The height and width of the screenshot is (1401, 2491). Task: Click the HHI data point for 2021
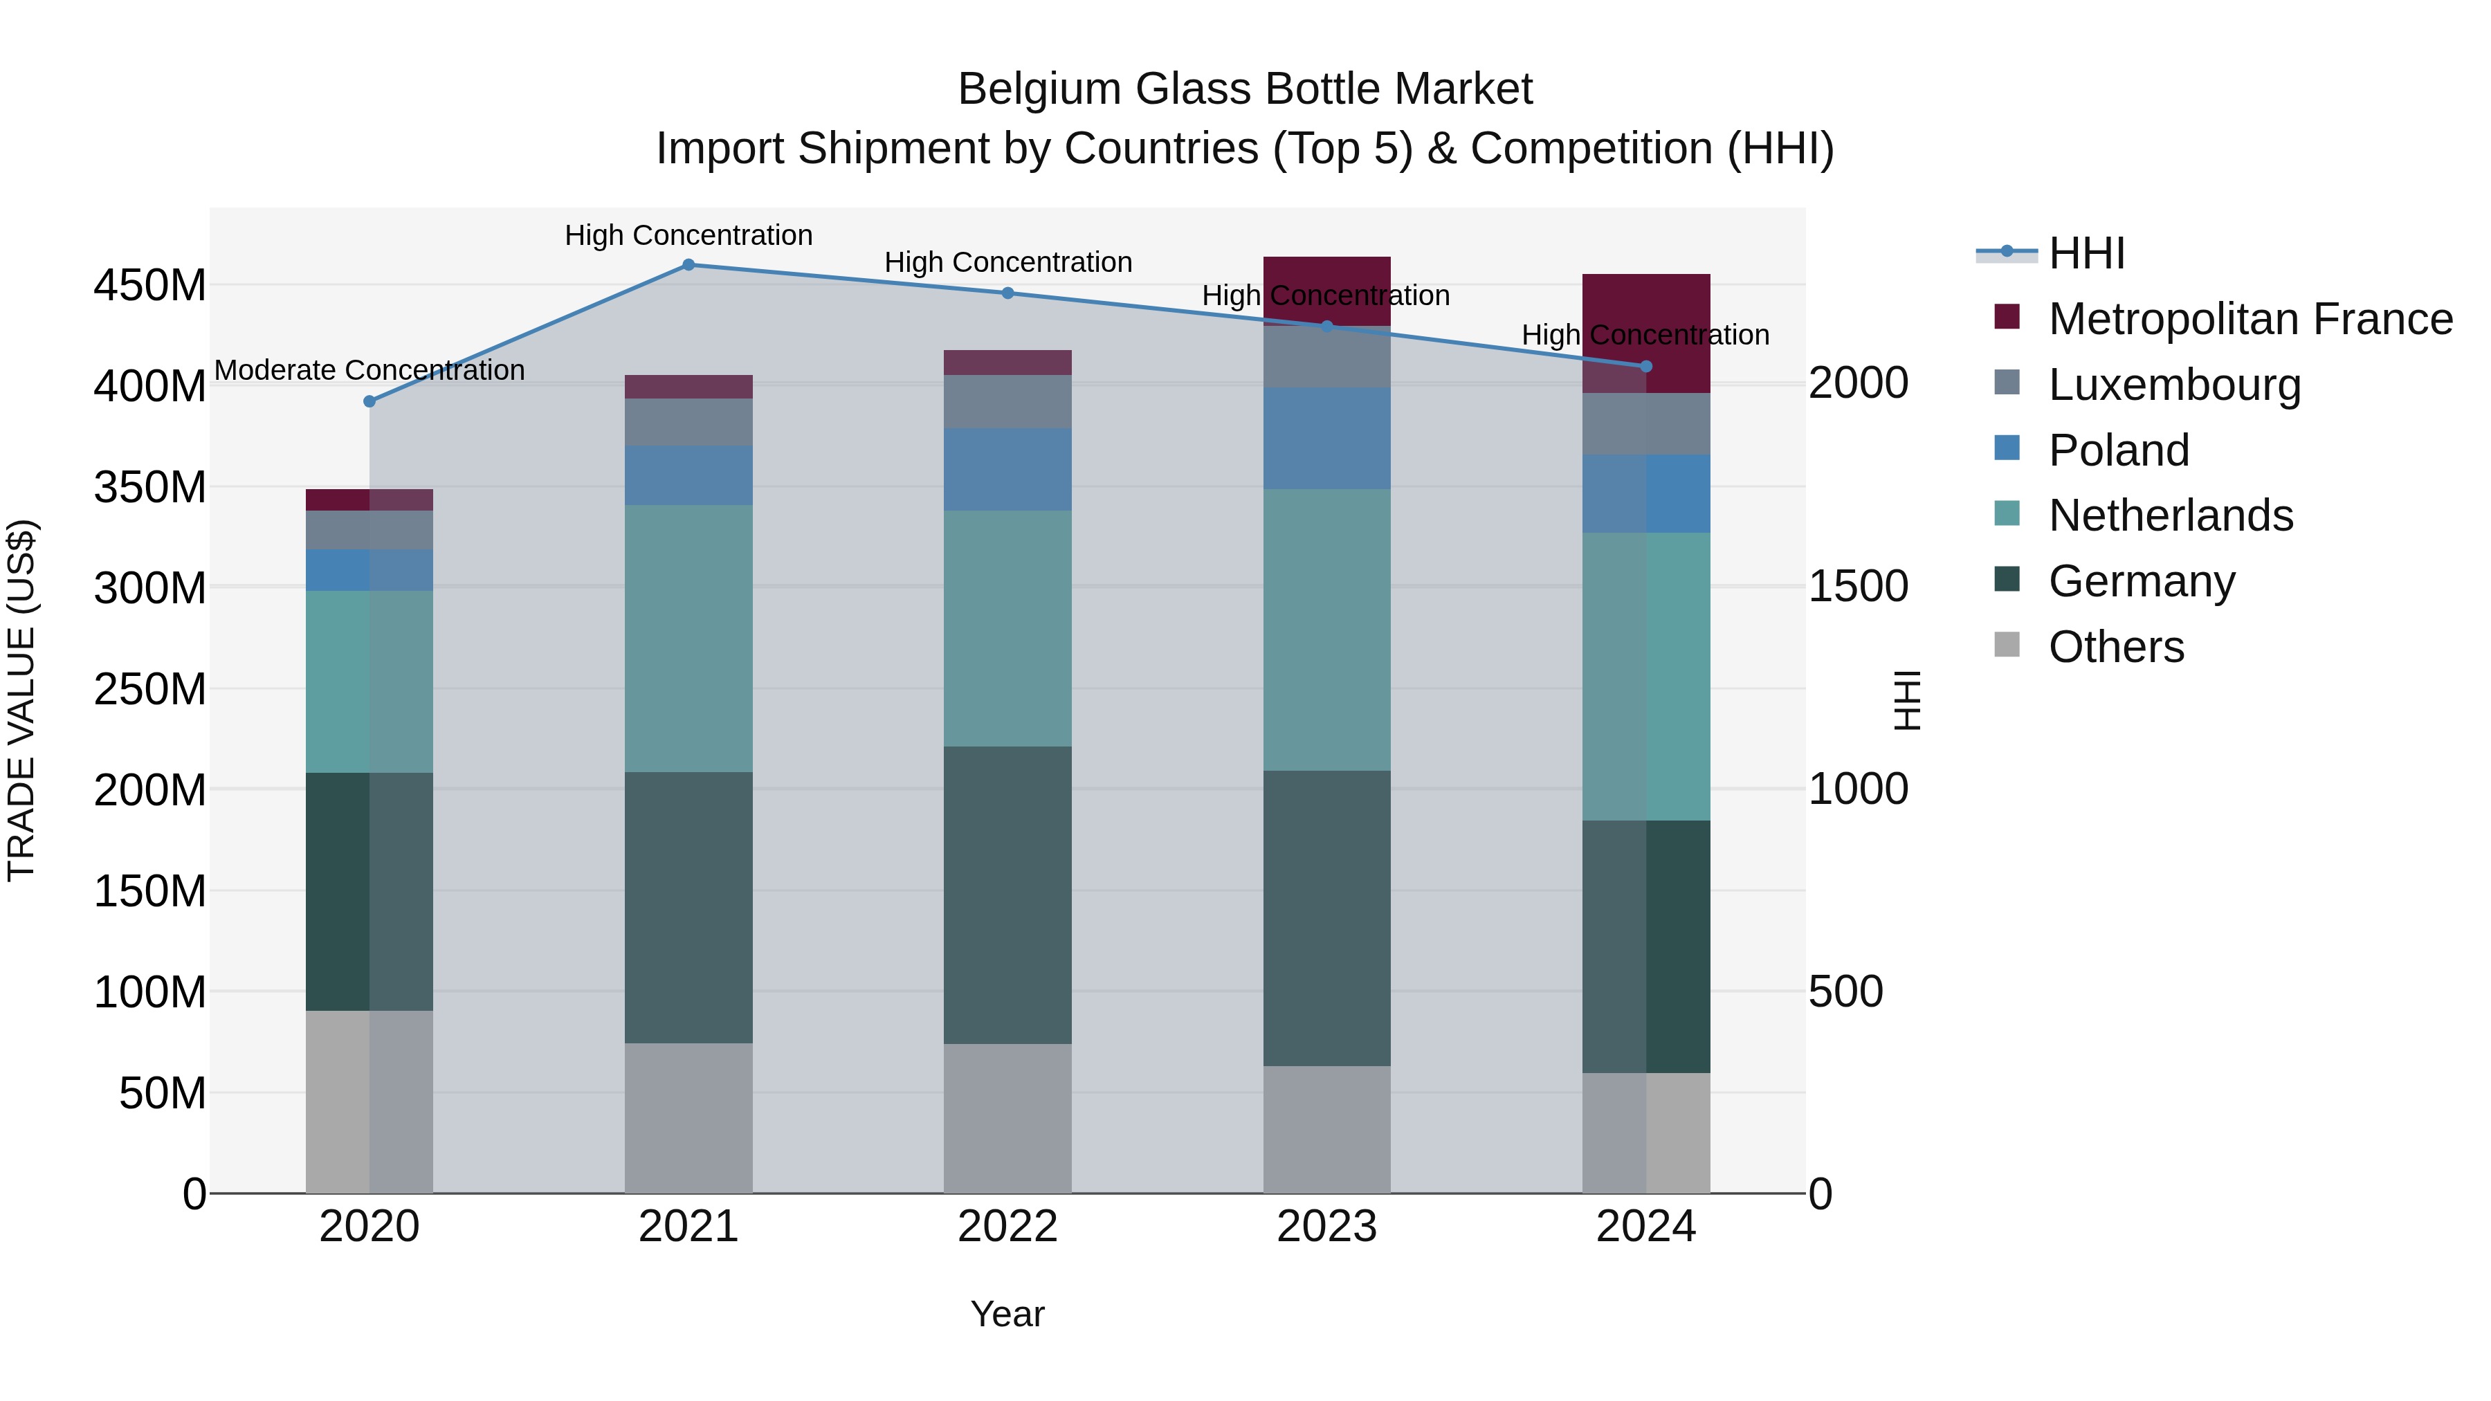(688, 264)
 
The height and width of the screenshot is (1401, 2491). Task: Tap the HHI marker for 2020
(369, 401)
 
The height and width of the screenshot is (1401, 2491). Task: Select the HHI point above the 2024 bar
(1646, 367)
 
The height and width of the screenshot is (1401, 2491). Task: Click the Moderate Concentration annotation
(369, 370)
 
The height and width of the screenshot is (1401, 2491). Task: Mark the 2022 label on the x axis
(1007, 1227)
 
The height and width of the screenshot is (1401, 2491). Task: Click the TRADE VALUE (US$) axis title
(21, 700)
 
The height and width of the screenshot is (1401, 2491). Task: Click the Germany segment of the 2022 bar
(1007, 895)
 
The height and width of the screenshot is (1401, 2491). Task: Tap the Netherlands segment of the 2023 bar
(1326, 630)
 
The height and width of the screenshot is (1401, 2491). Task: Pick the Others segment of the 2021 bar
(688, 1118)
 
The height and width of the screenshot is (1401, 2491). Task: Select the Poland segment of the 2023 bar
(1326, 438)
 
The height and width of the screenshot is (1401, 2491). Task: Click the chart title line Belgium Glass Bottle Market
(1245, 89)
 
